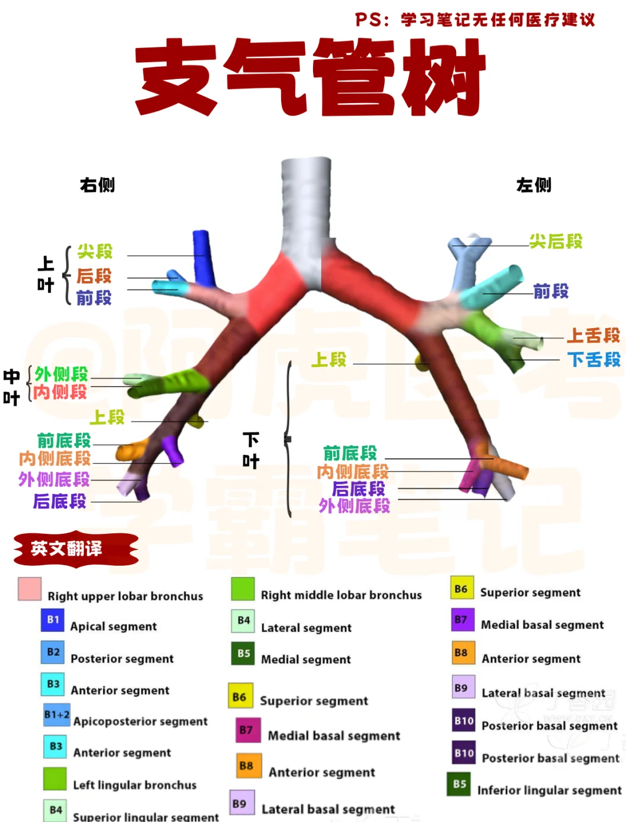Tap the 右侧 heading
(x=97, y=185)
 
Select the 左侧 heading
(x=534, y=185)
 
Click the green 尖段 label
(x=95, y=252)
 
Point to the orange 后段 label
(x=94, y=276)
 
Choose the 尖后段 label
(x=556, y=241)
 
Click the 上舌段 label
(x=594, y=335)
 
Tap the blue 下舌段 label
(x=594, y=359)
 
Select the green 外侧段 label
(x=61, y=374)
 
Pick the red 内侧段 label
(x=60, y=392)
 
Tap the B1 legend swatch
(x=53, y=620)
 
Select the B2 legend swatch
(x=53, y=652)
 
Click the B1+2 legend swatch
(x=56, y=715)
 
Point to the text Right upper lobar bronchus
(x=125, y=596)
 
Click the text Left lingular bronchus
(x=134, y=785)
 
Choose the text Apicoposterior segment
(x=140, y=721)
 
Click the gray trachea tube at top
(x=306, y=203)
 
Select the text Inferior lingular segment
(x=549, y=790)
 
